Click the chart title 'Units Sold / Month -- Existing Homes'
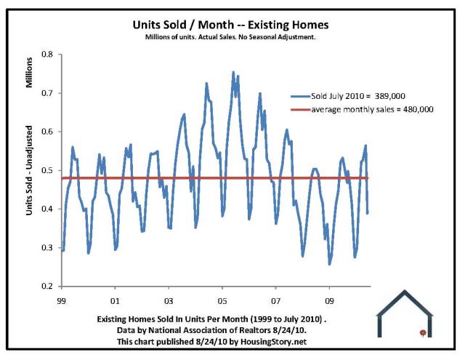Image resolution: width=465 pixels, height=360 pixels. tap(231, 24)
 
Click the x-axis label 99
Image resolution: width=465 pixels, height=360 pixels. tap(62, 299)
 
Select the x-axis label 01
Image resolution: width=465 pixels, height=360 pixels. tap(115, 299)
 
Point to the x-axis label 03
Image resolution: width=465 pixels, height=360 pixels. tap(169, 299)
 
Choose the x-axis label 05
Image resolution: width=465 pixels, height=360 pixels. tap(222, 299)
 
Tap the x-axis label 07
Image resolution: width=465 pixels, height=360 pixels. tap(276, 299)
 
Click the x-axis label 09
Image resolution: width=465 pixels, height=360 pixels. tap(329, 299)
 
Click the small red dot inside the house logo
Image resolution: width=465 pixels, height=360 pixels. tap(422, 333)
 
